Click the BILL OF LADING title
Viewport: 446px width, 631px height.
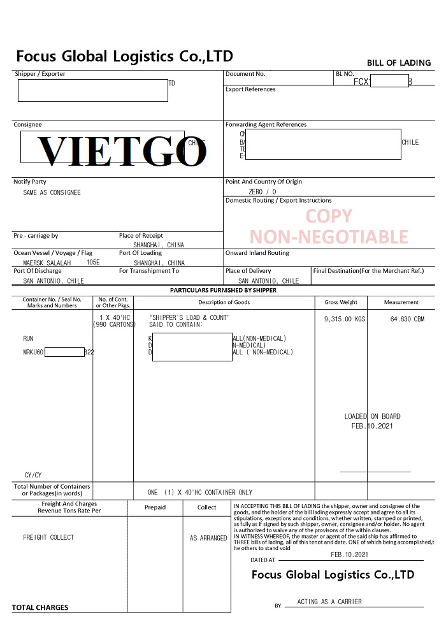[x=399, y=62]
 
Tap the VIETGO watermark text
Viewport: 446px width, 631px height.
[x=121, y=151]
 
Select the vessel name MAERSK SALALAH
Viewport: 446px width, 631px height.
[x=51, y=263]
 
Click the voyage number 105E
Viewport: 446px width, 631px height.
[x=93, y=262]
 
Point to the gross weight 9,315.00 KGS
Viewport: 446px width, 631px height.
[x=345, y=318]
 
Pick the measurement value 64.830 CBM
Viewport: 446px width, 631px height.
[x=406, y=318]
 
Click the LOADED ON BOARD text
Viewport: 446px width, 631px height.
[x=372, y=416]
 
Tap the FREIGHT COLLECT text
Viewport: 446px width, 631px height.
[x=48, y=537]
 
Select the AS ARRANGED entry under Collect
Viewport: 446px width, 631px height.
[x=208, y=538]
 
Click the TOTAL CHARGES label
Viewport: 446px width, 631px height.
[x=40, y=607]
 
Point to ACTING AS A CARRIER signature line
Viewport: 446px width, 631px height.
[x=329, y=601]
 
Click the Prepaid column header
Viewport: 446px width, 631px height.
[x=155, y=507]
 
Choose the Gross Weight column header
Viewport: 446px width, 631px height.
[x=341, y=302]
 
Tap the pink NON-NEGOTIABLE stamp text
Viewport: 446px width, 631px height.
[x=328, y=237]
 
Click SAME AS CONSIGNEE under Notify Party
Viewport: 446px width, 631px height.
[x=52, y=192]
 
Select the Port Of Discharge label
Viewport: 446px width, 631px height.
[x=38, y=271]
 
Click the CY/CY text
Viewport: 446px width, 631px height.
[x=33, y=475]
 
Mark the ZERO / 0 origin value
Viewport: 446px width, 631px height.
[x=263, y=191]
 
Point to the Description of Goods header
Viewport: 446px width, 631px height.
[x=224, y=302]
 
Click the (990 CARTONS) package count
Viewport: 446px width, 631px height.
[x=115, y=324]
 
